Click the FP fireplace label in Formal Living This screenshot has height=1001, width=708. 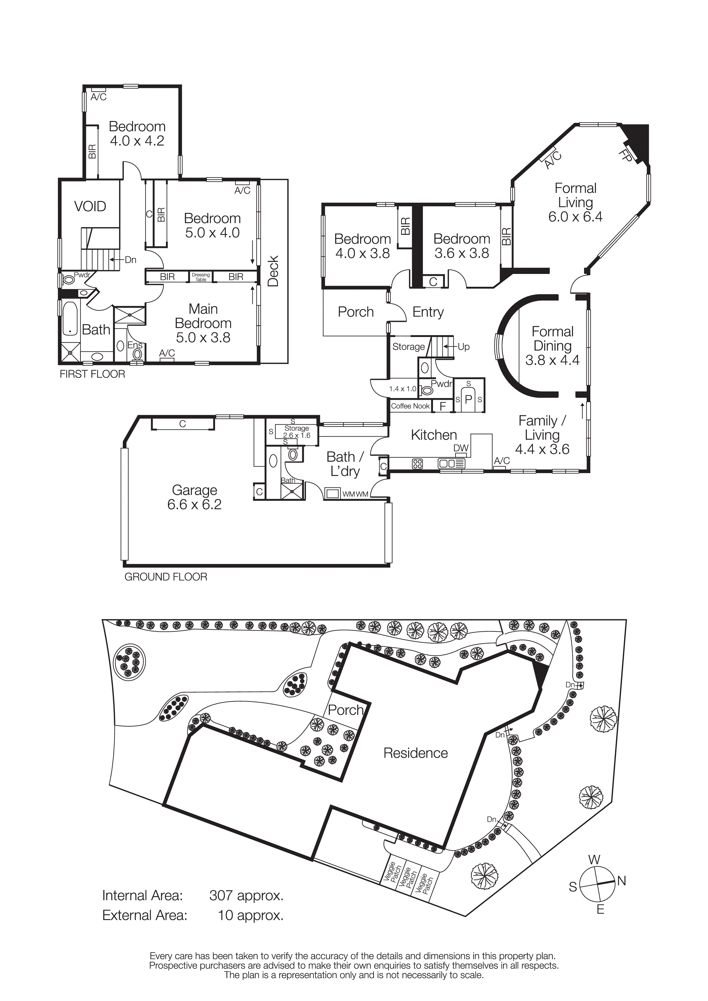coord(625,156)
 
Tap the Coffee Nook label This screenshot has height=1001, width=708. coord(410,406)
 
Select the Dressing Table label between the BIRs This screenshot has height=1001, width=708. coord(201,277)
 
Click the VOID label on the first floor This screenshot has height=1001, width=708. coord(90,206)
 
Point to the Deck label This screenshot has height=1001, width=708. coord(273,271)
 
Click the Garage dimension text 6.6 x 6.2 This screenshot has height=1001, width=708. coord(194,504)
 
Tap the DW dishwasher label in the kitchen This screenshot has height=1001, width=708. coord(461,448)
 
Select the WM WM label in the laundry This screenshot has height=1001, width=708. coord(356,494)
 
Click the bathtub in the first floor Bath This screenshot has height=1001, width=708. coord(70,319)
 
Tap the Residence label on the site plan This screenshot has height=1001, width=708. coord(415,753)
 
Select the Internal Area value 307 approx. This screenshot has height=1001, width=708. coord(246,895)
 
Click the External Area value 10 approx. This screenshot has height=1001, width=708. coord(250,915)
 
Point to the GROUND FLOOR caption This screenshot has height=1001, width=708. coord(166,577)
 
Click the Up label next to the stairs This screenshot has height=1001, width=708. coord(463,347)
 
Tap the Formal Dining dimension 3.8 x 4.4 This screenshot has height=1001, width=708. coord(552,360)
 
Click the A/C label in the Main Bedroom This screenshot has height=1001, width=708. coord(167,353)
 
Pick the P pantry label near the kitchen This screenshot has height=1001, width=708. coord(468,399)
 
